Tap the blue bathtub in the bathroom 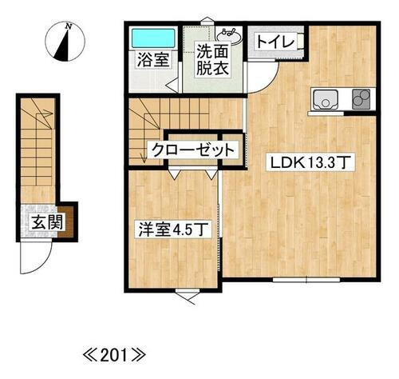(152, 37)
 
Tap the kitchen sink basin (327, 99)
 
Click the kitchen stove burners (361, 100)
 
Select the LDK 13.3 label (311, 163)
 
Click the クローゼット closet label (193, 150)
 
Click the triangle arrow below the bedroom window (188, 297)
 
